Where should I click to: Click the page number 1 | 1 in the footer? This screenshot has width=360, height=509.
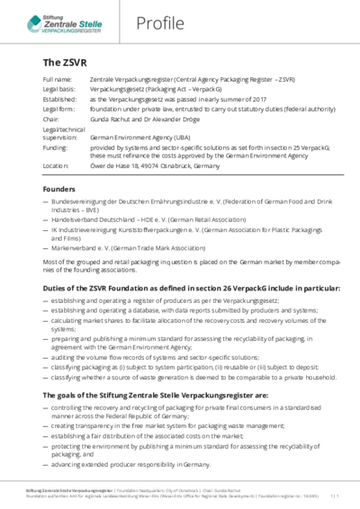coord(336,496)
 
